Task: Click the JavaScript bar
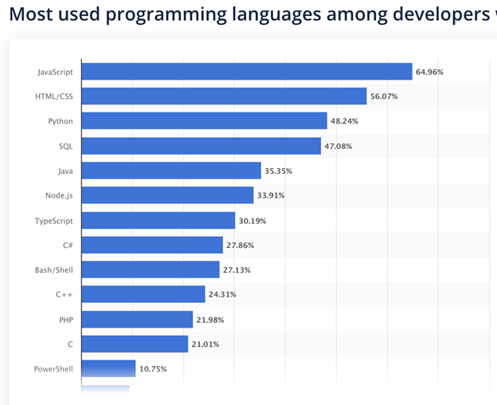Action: click(x=247, y=72)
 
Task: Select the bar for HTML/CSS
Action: click(x=224, y=96)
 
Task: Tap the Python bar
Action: click(x=204, y=121)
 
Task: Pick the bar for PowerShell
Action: click(x=108, y=368)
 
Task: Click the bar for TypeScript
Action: click(x=158, y=220)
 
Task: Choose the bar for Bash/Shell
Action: click(x=151, y=269)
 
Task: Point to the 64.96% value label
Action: click(x=429, y=73)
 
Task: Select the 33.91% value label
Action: click(x=271, y=195)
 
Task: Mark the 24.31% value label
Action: click(x=222, y=294)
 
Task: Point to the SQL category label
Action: click(x=65, y=146)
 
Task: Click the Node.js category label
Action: click(x=60, y=195)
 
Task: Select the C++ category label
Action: click(x=65, y=294)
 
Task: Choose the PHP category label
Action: click(x=65, y=319)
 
